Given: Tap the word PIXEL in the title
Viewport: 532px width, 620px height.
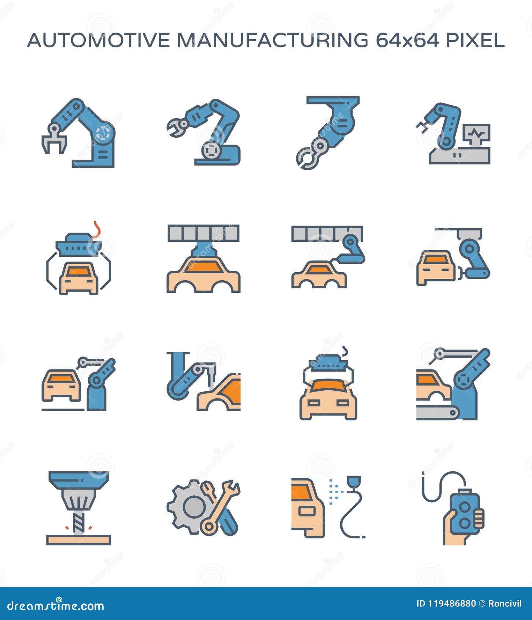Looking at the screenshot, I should [x=475, y=40].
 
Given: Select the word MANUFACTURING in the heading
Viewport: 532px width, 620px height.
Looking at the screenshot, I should [x=272, y=40].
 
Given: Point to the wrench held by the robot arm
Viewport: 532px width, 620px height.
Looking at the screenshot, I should [x=177, y=127].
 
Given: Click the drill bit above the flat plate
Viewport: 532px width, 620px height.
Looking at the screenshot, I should [x=78, y=521].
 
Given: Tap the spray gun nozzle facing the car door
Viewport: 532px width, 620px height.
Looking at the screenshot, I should [x=354, y=481].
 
